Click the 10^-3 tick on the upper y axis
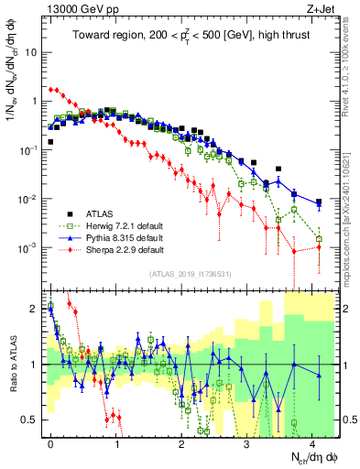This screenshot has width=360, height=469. [x=27, y=248]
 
